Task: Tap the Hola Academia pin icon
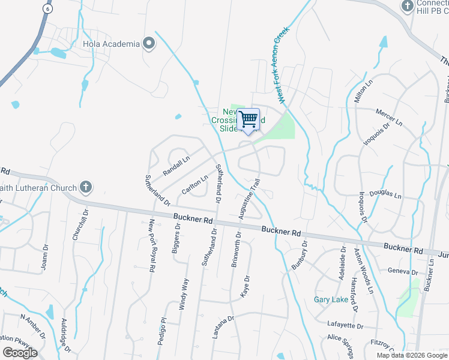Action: click(149, 44)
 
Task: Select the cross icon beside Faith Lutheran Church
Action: click(86, 186)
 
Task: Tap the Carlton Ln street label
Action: click(196, 182)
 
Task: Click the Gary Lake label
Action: click(327, 299)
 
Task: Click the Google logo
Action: click(20, 353)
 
